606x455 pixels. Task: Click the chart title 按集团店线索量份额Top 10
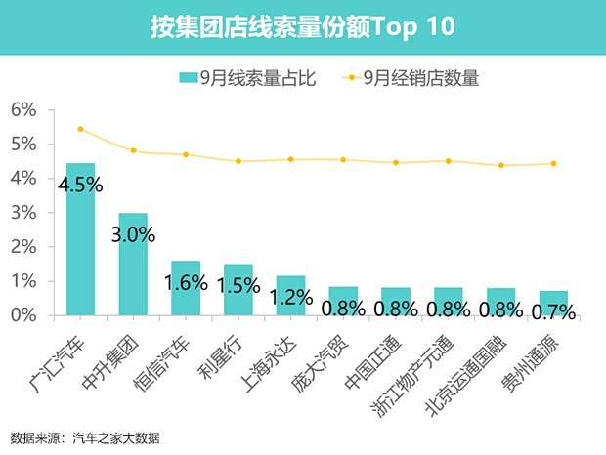pos(302,26)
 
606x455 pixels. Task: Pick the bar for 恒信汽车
pos(186,288)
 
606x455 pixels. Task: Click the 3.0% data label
pos(133,234)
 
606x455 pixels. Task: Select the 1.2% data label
pos(290,296)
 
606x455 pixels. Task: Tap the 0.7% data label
pos(553,311)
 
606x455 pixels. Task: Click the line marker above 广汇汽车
pos(80,129)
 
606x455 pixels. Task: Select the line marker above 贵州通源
pos(553,164)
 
